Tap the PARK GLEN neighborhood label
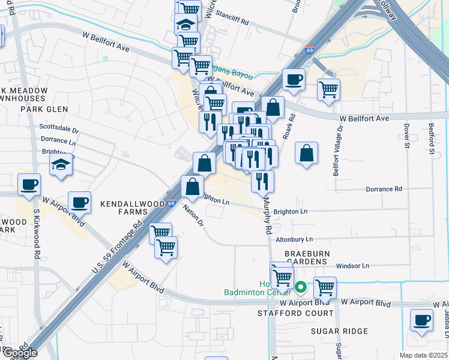(44, 109)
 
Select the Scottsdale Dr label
(59, 129)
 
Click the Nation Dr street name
(193, 215)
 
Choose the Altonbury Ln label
(294, 239)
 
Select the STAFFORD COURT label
(295, 313)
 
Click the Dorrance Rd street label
(384, 189)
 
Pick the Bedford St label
(432, 138)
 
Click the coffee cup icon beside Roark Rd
(294, 80)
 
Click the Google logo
(19, 353)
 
